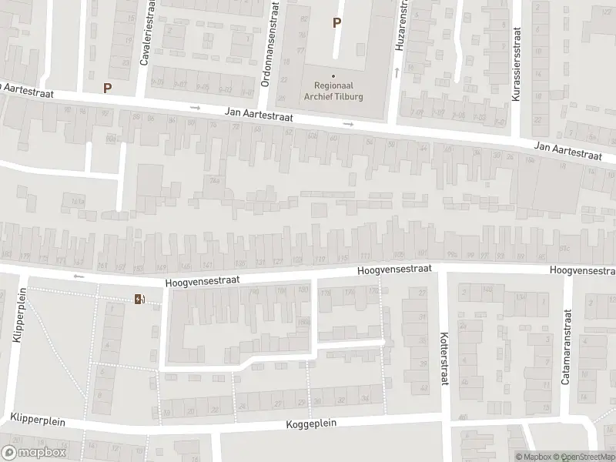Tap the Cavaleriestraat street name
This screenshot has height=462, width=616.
coord(143,40)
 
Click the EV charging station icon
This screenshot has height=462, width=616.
coord(139,299)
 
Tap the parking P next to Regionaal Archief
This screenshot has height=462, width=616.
coord(336,23)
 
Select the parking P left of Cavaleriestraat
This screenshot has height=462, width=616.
coord(107,88)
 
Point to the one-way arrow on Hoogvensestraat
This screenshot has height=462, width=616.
coord(77,276)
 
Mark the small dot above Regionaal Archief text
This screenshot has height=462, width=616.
coord(333,75)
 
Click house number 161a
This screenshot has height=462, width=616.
coord(77,202)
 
